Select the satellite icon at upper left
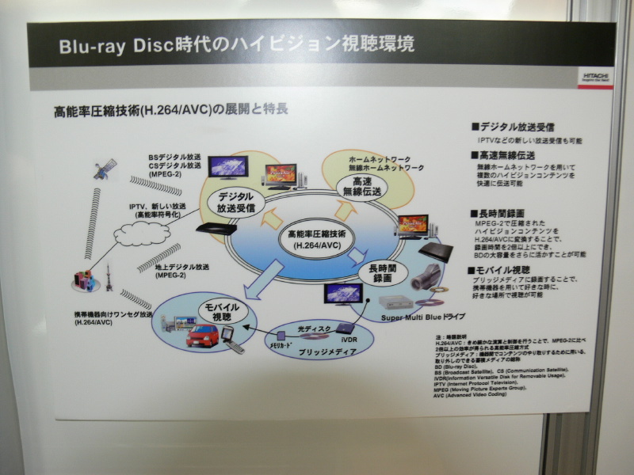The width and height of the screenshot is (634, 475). (105, 169)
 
